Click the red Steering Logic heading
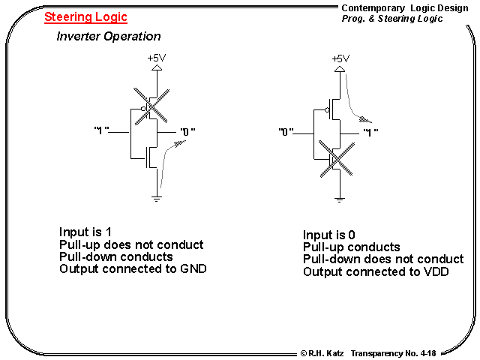85,17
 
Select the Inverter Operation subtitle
109,36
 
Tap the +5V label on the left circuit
157,58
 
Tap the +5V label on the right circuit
340,58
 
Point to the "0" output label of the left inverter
187,132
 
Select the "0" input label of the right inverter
285,133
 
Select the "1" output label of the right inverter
370,133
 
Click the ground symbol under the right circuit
340,199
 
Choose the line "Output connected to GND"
133,269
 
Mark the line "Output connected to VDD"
376,271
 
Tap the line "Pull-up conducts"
351,247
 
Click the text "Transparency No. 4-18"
393,352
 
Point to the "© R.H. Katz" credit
322,352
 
